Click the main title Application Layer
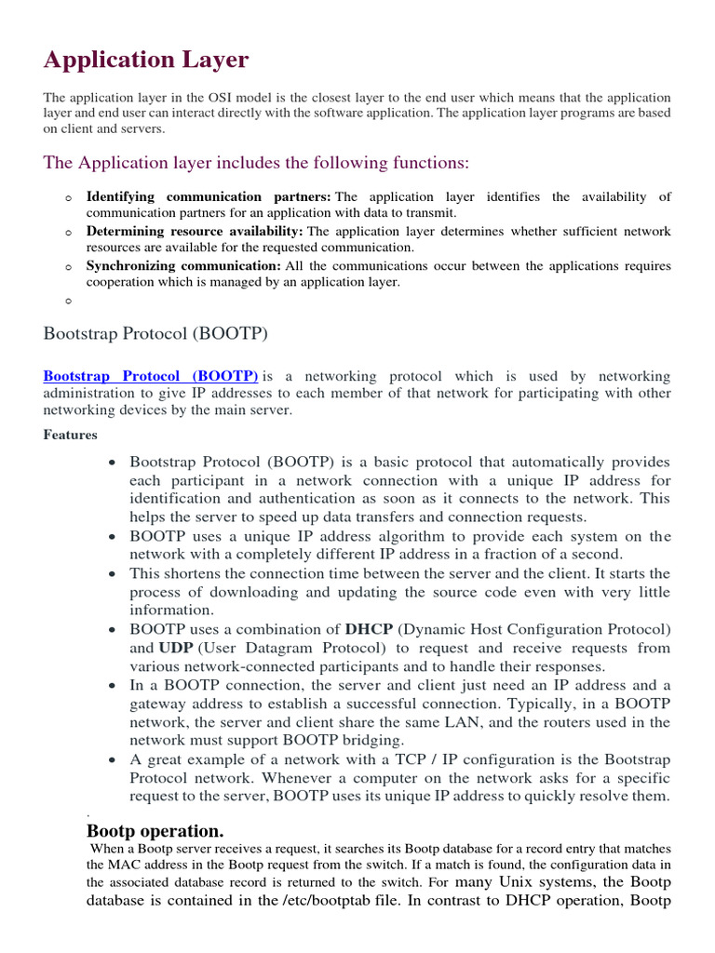pos(146,60)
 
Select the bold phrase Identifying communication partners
pos(209,197)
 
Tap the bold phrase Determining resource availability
pos(195,231)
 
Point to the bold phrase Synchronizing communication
pos(183,266)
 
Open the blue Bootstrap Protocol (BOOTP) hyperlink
pos(151,376)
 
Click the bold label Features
pos(71,435)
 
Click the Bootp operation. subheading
pos(155,831)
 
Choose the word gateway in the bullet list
pos(158,704)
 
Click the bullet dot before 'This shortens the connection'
pos(112,574)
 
